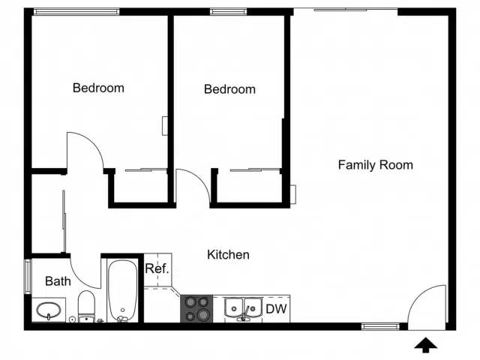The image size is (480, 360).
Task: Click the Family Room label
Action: pyautogui.click(x=375, y=165)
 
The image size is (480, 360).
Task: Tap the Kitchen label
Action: pyautogui.click(x=228, y=255)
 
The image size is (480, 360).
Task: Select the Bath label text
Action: pyautogui.click(x=58, y=282)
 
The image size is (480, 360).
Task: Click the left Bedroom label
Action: pyautogui.click(x=98, y=88)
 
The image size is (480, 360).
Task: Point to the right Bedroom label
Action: pyautogui.click(x=229, y=89)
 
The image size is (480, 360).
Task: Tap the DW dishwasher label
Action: pyautogui.click(x=277, y=308)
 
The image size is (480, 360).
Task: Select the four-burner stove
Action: pyautogui.click(x=196, y=309)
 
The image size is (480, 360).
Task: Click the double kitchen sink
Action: pyautogui.click(x=244, y=308)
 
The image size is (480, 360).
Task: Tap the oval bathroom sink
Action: pyautogui.click(x=49, y=309)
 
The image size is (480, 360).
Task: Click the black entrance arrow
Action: pyautogui.click(x=427, y=345)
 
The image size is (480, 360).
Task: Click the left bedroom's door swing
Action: pyautogui.click(x=84, y=150)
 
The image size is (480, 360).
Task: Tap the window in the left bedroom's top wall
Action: pyautogui.click(x=76, y=11)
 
